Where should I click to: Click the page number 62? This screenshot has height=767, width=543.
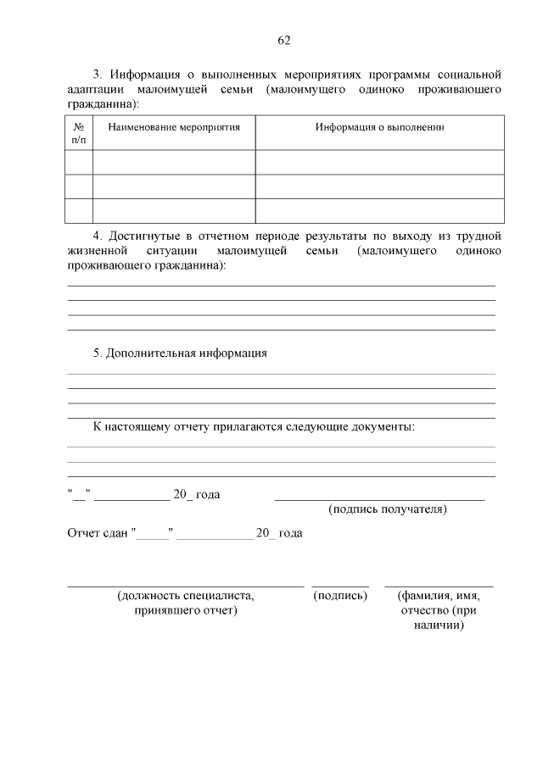pyautogui.click(x=284, y=41)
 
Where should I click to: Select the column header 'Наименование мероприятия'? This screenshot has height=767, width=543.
pyautogui.click(x=173, y=127)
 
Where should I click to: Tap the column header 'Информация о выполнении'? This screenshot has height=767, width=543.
pyautogui.click(x=380, y=127)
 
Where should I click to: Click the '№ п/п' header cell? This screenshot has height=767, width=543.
pyautogui.click(x=78, y=133)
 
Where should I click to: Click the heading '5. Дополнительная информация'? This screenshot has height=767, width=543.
pyautogui.click(x=180, y=353)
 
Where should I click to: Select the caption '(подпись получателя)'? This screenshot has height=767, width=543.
pyautogui.click(x=387, y=509)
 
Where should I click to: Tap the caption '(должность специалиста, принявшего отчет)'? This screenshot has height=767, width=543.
pyautogui.click(x=186, y=603)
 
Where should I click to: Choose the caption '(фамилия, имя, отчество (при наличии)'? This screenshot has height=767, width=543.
pyautogui.click(x=439, y=610)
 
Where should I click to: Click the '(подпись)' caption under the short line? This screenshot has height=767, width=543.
pyautogui.click(x=340, y=596)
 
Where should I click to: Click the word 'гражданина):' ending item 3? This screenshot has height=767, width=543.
pyautogui.click(x=102, y=103)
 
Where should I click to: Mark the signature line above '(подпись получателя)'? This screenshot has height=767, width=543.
pyautogui.click(x=379, y=500)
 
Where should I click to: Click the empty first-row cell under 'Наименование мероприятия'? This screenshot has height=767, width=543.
pyautogui.click(x=173, y=162)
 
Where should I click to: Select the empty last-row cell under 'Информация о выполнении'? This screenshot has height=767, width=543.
pyautogui.click(x=380, y=210)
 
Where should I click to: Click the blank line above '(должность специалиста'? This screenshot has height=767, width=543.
pyautogui.click(x=185, y=586)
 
